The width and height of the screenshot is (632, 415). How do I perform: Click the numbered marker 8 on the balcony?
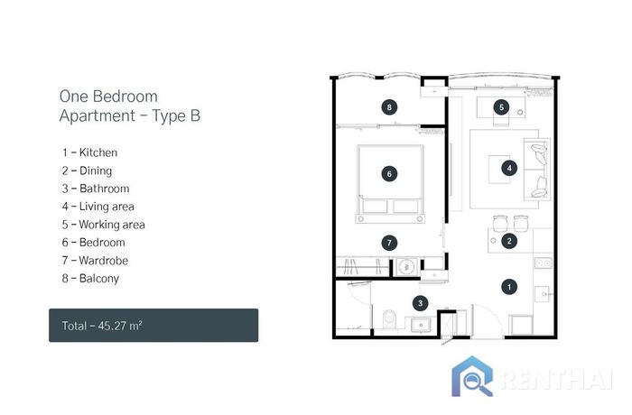[389, 107]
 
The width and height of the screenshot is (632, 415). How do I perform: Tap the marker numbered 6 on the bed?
[389, 173]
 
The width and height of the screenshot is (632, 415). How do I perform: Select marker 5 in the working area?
[501, 107]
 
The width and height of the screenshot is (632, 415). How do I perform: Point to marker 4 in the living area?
[509, 168]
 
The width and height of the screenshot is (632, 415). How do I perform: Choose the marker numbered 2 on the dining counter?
[509, 241]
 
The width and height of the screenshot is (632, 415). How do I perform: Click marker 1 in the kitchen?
[509, 287]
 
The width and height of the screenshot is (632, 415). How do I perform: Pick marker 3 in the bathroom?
[421, 303]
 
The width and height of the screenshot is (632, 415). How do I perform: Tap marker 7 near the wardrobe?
[389, 243]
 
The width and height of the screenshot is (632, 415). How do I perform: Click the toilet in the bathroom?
[388, 320]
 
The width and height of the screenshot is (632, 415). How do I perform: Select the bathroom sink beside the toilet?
[422, 325]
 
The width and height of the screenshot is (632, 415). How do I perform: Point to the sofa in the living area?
[536, 170]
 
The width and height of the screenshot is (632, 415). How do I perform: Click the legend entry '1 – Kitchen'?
[90, 152]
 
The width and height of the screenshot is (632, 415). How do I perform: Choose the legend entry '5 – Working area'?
[104, 225]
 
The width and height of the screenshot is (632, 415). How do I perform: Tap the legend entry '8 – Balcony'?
[90, 279]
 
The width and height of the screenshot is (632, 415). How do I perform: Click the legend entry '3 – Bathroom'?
[96, 189]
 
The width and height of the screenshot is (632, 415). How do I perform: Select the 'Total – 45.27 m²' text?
[102, 325]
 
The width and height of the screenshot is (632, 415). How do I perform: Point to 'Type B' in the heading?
[176, 115]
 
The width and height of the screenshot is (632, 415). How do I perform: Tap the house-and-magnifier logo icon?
[472, 376]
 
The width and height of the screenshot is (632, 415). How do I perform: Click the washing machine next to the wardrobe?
[406, 267]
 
